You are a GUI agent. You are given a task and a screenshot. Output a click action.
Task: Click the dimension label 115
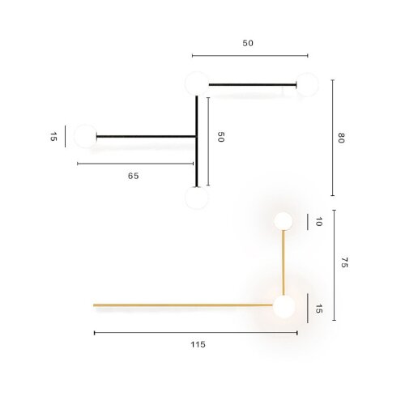198,344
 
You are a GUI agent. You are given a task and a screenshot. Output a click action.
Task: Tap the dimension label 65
133,176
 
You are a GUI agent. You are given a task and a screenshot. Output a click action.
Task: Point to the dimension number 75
343,262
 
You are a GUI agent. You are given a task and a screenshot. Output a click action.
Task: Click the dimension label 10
318,221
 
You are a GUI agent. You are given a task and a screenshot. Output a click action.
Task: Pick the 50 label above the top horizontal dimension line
249,44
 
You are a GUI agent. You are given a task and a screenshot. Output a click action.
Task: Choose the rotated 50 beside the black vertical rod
220,137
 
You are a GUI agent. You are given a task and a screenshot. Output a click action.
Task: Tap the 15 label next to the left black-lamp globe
53,137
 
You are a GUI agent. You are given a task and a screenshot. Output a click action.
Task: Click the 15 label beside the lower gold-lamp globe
318,309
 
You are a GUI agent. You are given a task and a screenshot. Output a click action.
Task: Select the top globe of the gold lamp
283,220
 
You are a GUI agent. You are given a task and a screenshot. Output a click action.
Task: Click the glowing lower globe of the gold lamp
283,307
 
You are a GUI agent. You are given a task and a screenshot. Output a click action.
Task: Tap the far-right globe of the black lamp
306,84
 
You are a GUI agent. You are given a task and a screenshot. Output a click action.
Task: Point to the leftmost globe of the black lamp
85,136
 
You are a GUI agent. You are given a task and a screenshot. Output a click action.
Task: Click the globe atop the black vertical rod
196,83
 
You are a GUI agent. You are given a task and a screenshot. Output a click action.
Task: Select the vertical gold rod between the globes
283,263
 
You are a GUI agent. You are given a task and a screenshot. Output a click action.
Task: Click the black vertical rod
196,138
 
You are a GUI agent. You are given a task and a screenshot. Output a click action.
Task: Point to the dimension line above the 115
195,332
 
